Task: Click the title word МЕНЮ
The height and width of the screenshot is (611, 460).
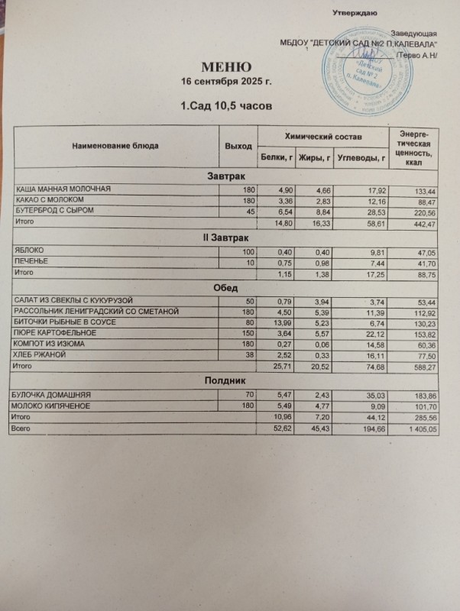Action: [225, 66]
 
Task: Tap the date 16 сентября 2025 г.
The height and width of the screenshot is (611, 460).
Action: [225, 81]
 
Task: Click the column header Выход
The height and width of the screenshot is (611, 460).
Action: [238, 145]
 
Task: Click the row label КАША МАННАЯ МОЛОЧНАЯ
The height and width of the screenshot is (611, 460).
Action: [64, 189]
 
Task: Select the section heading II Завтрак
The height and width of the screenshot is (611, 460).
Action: [227, 238]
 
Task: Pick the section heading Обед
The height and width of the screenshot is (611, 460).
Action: [225, 286]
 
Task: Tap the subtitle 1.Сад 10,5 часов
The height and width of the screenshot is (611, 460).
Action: [225, 105]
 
